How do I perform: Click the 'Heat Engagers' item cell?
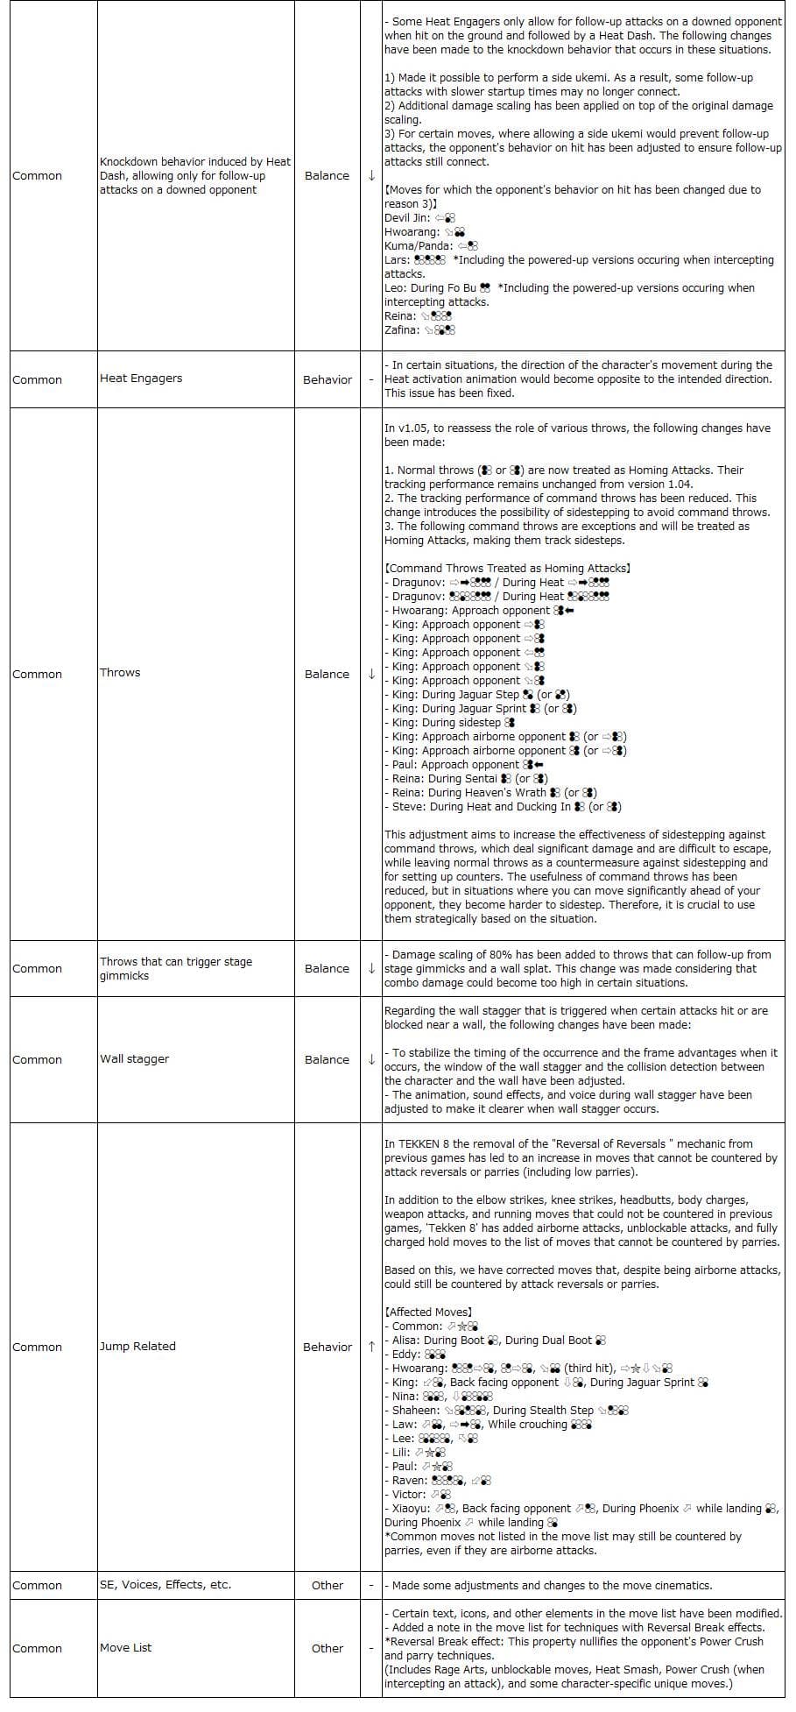click(141, 378)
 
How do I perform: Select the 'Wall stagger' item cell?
click(134, 1058)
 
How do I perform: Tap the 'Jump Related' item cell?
click(137, 1346)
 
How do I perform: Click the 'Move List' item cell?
click(125, 1647)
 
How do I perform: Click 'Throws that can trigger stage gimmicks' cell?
click(175, 968)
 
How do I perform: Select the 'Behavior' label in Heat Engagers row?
click(327, 379)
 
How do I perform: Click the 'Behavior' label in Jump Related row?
click(327, 1347)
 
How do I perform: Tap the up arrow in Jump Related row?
click(371, 1347)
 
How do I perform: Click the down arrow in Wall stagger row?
click(371, 1059)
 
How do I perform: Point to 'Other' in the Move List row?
click(327, 1648)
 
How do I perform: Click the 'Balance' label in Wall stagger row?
click(327, 1059)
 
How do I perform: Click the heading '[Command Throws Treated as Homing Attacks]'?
click(507, 568)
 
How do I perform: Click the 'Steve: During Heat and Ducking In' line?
click(504, 806)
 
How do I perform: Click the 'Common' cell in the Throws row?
click(38, 674)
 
